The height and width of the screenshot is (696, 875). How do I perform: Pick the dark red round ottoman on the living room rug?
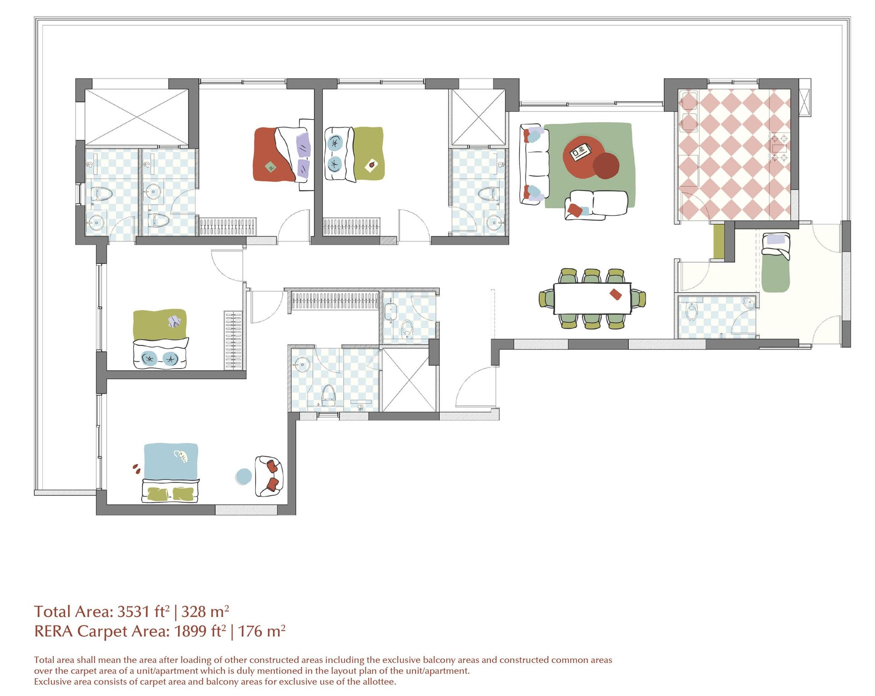(606, 166)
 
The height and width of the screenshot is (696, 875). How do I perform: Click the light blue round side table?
(244, 476)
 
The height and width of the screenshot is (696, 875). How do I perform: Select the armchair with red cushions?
(269, 476)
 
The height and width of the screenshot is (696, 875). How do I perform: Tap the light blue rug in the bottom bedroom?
(171, 462)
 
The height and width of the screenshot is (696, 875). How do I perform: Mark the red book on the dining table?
(616, 294)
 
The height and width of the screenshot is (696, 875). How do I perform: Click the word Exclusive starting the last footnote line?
(52, 682)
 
